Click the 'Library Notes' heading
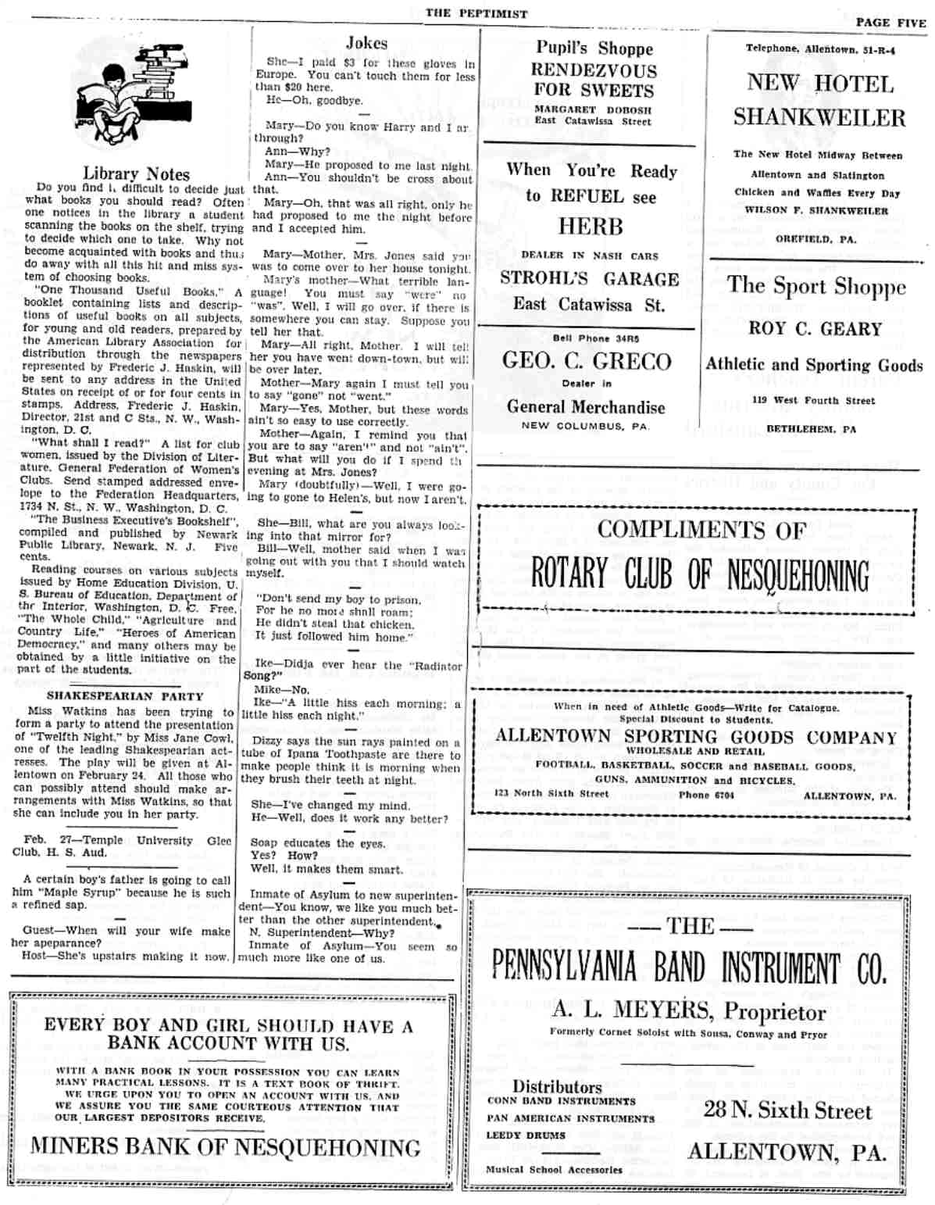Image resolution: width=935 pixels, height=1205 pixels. [x=136, y=173]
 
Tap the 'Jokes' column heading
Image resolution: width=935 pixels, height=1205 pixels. [x=366, y=43]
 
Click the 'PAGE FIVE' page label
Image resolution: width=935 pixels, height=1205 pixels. [x=890, y=23]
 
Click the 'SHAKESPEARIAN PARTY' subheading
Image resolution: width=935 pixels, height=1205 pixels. [x=125, y=695]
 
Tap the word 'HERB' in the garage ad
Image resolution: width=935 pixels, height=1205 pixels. [x=591, y=227]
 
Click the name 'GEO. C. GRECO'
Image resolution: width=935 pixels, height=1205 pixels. [x=587, y=361]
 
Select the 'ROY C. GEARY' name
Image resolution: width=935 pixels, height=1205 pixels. [x=815, y=329]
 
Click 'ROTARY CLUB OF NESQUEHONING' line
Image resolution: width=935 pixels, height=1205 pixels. [x=699, y=575]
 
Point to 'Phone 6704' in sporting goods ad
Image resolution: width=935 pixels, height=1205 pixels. [x=706, y=795]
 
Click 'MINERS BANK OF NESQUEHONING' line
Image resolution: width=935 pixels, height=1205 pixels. [x=226, y=1147]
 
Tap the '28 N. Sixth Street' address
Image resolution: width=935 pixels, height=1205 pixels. [x=787, y=1110]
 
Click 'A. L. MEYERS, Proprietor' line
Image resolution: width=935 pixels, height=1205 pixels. [x=689, y=1010]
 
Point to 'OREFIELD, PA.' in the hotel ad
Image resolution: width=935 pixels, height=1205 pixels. [x=815, y=239]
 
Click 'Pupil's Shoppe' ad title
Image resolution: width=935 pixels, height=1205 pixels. [x=594, y=48]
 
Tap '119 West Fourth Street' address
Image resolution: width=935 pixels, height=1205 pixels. [x=813, y=401]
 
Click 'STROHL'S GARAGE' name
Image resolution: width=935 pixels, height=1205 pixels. [x=590, y=279]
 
